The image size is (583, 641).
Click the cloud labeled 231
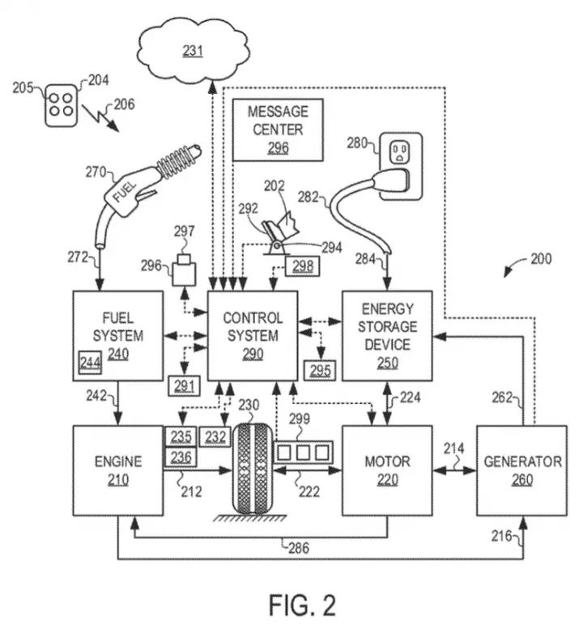(192, 50)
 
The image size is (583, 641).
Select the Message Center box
(278, 129)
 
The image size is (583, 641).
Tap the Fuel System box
(118, 336)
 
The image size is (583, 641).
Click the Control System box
(253, 336)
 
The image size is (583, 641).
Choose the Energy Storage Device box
(387, 336)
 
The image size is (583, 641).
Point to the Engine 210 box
(118, 470)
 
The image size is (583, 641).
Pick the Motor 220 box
(387, 470)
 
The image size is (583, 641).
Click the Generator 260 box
(522, 470)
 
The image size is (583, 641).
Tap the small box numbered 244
(90, 363)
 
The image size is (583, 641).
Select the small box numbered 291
(184, 385)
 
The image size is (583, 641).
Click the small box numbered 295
(320, 371)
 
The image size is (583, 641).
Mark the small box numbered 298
(303, 266)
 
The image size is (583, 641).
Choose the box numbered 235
(181, 436)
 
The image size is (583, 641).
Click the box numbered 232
(215, 437)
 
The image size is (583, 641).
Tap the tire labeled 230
(253, 469)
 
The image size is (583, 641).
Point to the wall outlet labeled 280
(401, 166)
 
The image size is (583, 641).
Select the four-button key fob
(61, 105)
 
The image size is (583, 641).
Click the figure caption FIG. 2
(302, 605)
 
